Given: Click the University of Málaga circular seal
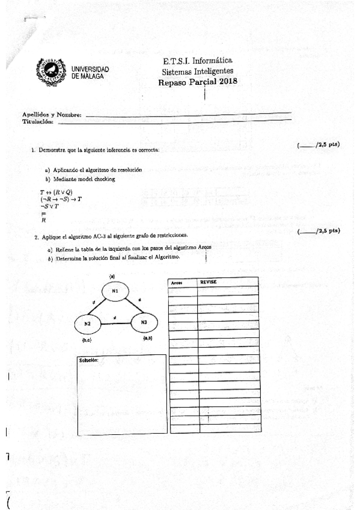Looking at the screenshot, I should (50, 70).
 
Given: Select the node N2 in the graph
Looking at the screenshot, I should (88, 324).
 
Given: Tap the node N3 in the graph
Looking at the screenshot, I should (144, 322).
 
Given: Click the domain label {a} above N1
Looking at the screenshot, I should (112, 275).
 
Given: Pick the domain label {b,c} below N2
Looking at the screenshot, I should (86, 340).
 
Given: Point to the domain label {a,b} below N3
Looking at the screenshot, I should (148, 339).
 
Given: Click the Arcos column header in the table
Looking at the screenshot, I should (177, 282).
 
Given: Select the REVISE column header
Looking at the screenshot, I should (208, 281).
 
